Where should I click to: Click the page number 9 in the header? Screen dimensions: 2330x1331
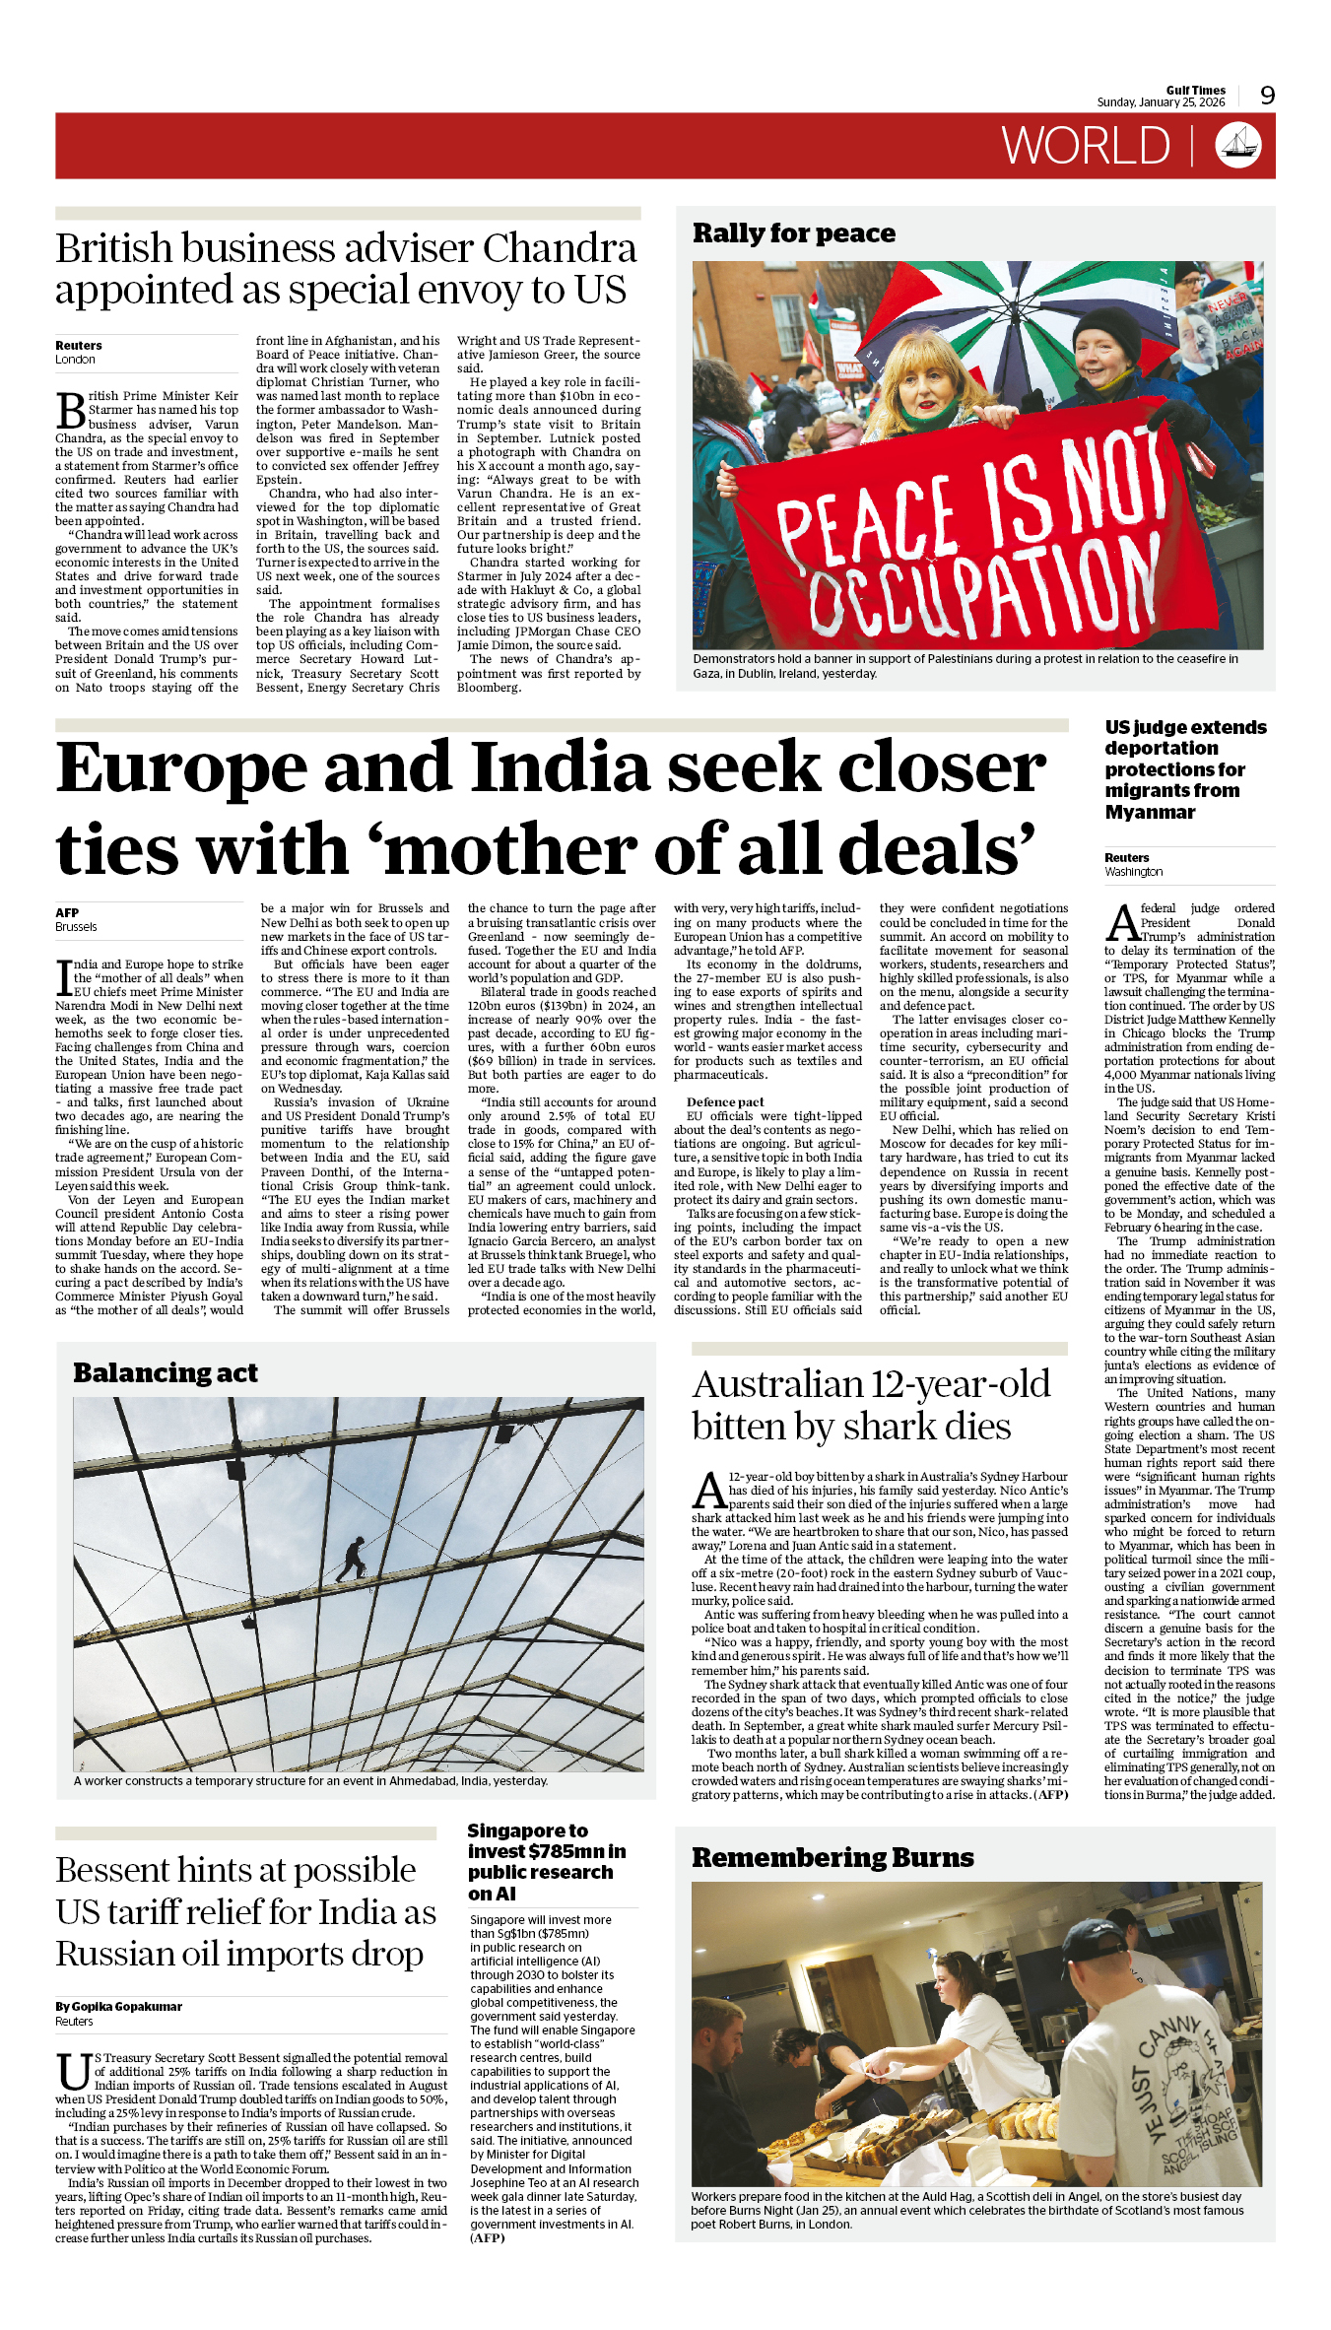[x=1267, y=96]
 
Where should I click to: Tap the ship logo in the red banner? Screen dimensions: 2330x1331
[x=1237, y=146]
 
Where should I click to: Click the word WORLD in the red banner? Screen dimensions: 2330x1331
[x=1086, y=147]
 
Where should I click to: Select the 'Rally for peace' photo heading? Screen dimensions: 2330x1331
[x=794, y=233]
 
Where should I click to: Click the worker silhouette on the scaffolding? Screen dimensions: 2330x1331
[x=352, y=1560]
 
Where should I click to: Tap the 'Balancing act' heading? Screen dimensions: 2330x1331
[x=166, y=1372]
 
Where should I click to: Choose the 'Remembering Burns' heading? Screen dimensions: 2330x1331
[x=832, y=1857]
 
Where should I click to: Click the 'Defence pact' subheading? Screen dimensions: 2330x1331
[x=725, y=1102]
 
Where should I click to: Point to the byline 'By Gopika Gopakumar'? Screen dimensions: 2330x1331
[x=119, y=2006]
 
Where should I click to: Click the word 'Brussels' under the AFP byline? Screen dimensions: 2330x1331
[x=76, y=927]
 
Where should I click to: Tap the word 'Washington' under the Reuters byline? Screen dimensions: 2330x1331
[x=1133, y=872]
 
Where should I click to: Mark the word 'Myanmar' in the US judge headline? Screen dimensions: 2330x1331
[x=1150, y=812]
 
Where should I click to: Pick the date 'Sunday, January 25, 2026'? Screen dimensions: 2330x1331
[x=1161, y=102]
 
